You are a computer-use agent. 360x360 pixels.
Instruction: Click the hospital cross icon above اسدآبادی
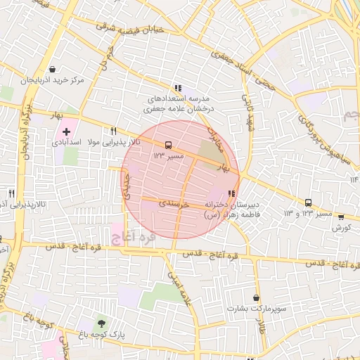[67, 131]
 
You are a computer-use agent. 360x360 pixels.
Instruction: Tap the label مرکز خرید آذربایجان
[53, 80]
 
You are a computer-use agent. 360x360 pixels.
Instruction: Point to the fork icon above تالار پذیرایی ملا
[113, 131]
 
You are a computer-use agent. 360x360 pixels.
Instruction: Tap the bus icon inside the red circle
[167, 145]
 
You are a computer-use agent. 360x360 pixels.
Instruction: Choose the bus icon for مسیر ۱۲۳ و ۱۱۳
[308, 202]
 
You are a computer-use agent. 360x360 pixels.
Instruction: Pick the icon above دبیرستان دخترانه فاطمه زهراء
[231, 194]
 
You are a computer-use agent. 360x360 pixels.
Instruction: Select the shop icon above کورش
[341, 217]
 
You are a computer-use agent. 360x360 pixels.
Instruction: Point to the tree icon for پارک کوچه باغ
[103, 323]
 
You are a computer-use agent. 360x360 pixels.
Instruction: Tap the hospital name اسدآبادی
[66, 142]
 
